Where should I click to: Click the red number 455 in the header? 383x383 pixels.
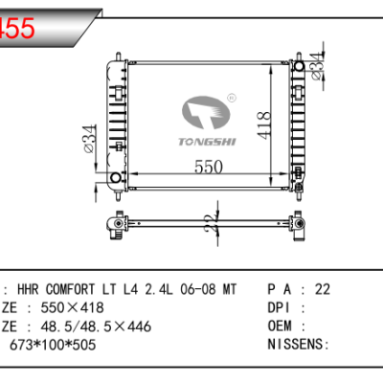[x=19, y=29]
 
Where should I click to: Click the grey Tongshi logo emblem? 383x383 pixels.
[x=205, y=111]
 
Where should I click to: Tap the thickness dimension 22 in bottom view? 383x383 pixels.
[x=208, y=223]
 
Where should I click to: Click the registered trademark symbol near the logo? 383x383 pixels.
[x=230, y=98]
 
